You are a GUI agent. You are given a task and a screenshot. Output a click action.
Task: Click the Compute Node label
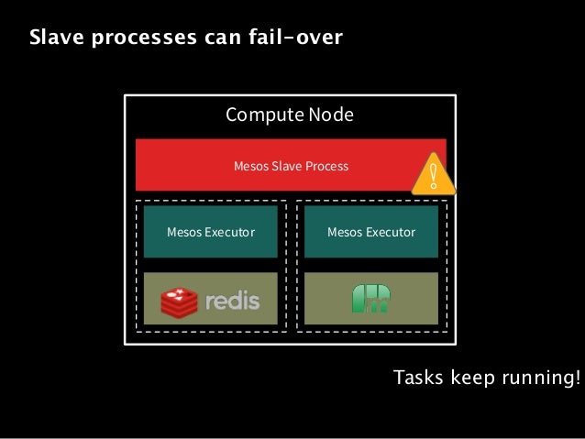click(x=289, y=115)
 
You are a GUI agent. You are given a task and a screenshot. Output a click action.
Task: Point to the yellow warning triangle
click(x=433, y=175)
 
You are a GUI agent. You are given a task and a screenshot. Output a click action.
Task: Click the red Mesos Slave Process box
click(x=275, y=166)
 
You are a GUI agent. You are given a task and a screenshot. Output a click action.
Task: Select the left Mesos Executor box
click(x=210, y=232)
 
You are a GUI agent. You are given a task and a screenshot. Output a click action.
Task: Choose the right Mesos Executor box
click(x=370, y=232)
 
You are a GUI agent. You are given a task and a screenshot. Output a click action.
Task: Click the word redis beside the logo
click(x=232, y=301)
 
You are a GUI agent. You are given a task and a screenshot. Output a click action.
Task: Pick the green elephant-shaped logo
click(x=370, y=299)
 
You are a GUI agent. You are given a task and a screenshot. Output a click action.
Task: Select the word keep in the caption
click(x=470, y=379)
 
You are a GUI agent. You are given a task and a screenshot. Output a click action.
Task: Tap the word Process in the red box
click(x=327, y=167)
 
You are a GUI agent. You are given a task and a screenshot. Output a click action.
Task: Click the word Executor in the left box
click(x=229, y=232)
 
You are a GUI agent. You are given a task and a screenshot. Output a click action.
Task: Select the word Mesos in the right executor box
click(x=344, y=232)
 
